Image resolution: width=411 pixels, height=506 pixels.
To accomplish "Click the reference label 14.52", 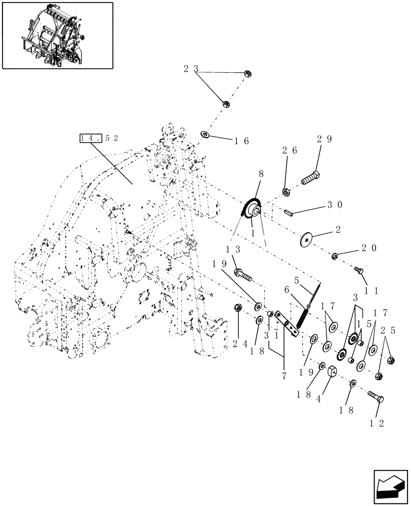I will tap(99, 138).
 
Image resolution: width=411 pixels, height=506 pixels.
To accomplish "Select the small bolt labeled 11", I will tap(360, 271).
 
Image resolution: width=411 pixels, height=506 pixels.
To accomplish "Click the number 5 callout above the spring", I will tap(298, 280).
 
